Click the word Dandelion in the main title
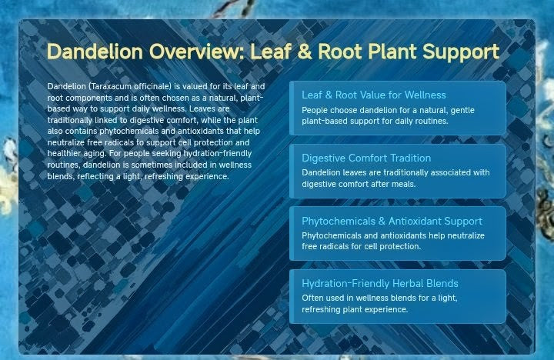pyautogui.click(x=95, y=52)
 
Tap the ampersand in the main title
pyautogui.click(x=305, y=52)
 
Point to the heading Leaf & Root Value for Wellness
pyautogui.click(x=373, y=95)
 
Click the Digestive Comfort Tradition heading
pyautogui.click(x=366, y=158)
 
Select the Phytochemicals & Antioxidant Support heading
pyautogui.click(x=392, y=221)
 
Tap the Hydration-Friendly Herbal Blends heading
pyautogui.click(x=380, y=283)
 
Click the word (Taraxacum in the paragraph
pyautogui.click(x=110, y=86)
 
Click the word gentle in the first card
pyautogui.click(x=462, y=110)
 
